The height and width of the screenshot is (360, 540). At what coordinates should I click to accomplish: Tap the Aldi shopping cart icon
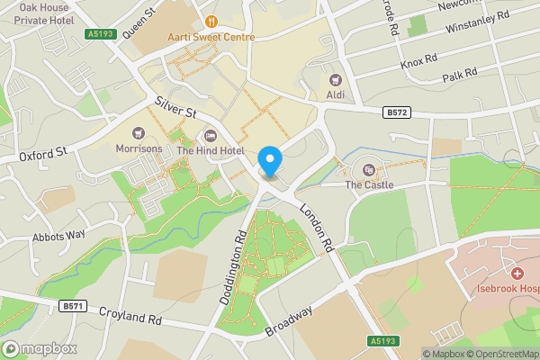[336, 79]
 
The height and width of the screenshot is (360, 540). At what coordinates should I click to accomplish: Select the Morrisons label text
[139, 148]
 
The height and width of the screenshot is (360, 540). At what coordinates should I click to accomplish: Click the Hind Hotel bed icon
[211, 135]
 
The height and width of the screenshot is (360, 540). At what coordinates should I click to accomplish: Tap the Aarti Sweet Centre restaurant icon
[211, 21]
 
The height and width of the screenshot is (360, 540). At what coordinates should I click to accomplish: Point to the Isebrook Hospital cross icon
[517, 273]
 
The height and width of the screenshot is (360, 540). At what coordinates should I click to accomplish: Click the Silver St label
[175, 109]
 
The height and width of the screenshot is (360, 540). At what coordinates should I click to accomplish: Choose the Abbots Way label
[58, 237]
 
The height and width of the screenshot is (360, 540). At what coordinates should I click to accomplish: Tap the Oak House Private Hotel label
[37, 13]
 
